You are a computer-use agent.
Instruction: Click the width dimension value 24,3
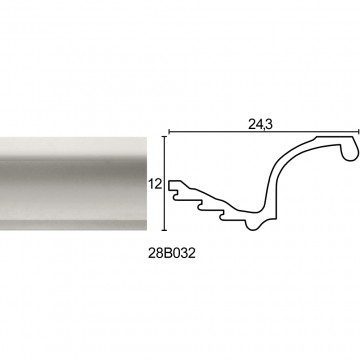pyautogui.click(x=261, y=124)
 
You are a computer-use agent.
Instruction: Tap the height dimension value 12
pyautogui.click(x=155, y=184)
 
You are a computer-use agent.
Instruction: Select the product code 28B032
pyautogui.click(x=172, y=254)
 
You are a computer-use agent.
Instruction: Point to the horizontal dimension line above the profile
pyautogui.click(x=263, y=132)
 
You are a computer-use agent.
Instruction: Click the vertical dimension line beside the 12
pyautogui.click(x=164, y=183)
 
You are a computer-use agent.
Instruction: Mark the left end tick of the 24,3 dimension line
pyautogui.click(x=169, y=132)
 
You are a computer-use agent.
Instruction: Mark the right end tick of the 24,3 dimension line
pyautogui.click(x=358, y=132)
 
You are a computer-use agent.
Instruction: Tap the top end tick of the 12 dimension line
pyautogui.click(x=164, y=136)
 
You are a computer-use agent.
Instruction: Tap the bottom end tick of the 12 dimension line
pyautogui.click(x=164, y=230)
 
